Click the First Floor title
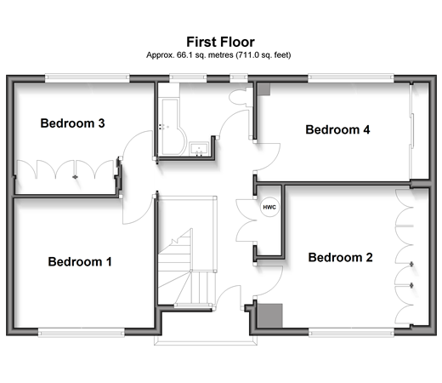220,42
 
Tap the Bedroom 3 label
72,123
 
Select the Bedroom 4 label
337,129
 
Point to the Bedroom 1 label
80,261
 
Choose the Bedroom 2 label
340,257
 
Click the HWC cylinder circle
269,207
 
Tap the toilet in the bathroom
241,97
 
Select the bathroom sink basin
199,149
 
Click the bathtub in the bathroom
172,127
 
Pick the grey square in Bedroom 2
269,316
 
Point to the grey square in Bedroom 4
263,89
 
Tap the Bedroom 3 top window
88,78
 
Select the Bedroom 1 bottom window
82,332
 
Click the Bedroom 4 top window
351,78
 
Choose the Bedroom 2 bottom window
351,332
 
